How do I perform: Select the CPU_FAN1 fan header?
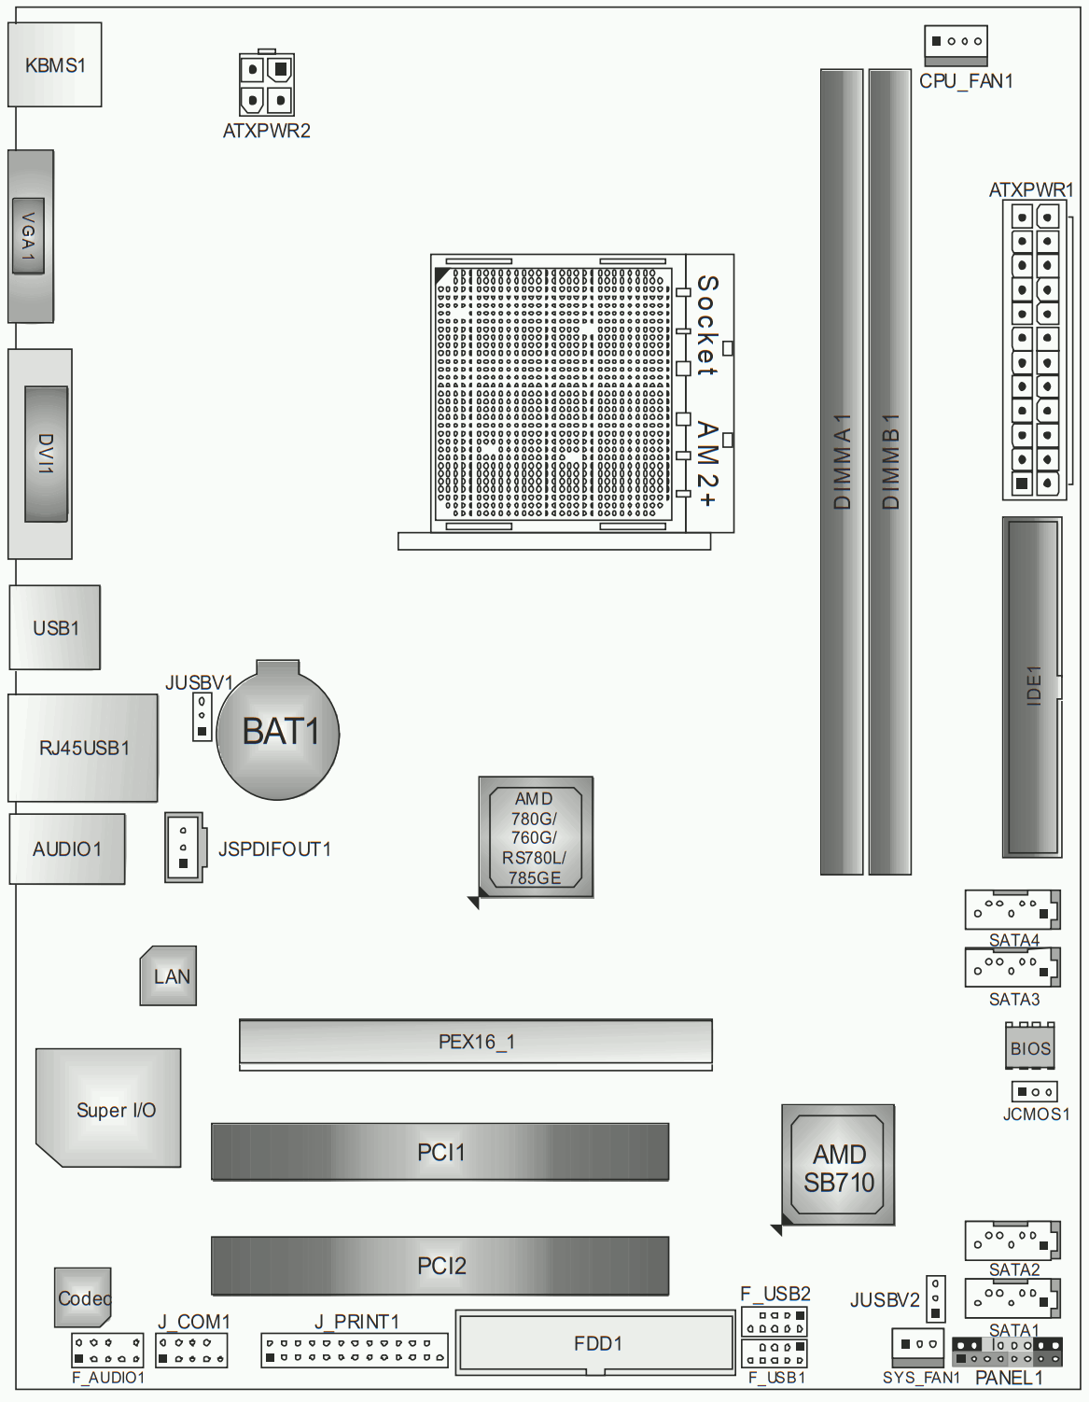pyautogui.click(x=956, y=46)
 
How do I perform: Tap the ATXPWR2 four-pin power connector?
pyautogui.click(x=266, y=83)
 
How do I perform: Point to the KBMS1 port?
pyautogui.click(x=55, y=64)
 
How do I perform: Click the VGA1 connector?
pyautogui.click(x=30, y=236)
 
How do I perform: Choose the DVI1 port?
pyautogui.click(x=40, y=455)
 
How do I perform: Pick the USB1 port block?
pyautogui.click(x=55, y=627)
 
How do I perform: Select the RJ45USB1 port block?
pyautogui.click(x=82, y=748)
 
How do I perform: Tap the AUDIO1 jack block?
pyautogui.click(x=67, y=848)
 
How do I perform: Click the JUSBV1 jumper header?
pyautogui.click(x=202, y=717)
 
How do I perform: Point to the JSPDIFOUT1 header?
pyautogui.click(x=185, y=848)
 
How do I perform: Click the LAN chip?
pyautogui.click(x=168, y=975)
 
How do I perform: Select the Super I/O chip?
pyautogui.click(x=108, y=1108)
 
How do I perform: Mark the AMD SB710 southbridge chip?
pyautogui.click(x=838, y=1165)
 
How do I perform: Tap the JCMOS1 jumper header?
pyautogui.click(x=1034, y=1092)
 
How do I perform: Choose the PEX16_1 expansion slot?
pyautogui.click(x=476, y=1044)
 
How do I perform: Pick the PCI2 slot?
pyautogui.click(x=440, y=1266)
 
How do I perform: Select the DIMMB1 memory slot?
pyautogui.click(x=889, y=471)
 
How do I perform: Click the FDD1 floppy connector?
pyautogui.click(x=595, y=1342)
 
